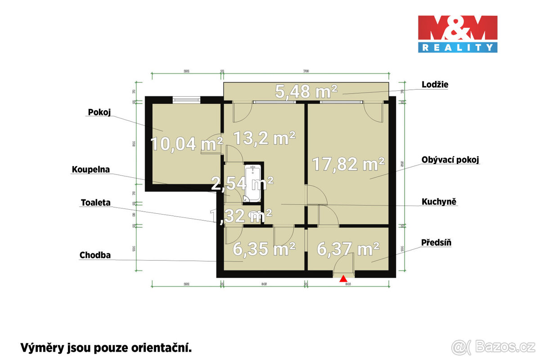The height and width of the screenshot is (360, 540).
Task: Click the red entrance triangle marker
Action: [343, 279]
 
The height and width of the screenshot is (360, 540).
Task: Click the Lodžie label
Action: [435, 84]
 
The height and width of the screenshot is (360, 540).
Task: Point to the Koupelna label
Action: [91, 170]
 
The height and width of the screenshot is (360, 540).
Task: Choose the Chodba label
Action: [95, 255]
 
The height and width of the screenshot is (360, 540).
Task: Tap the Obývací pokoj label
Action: [450, 160]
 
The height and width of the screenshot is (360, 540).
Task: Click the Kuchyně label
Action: [439, 201]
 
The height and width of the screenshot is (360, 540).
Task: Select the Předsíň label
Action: [436, 243]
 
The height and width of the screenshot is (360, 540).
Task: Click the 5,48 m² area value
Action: [306, 92]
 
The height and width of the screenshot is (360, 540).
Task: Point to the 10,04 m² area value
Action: [186, 144]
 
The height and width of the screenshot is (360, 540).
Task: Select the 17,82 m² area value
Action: [349, 164]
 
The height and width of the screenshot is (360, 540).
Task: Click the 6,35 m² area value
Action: [264, 248]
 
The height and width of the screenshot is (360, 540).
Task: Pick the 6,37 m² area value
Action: [348, 248]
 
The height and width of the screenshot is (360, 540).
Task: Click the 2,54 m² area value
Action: [243, 183]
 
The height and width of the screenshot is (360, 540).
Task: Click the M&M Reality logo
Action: [458, 34]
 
